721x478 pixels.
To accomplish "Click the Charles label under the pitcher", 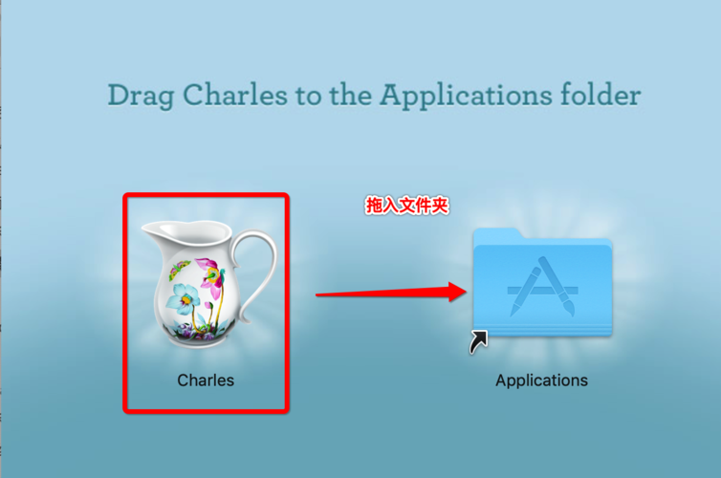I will [x=206, y=380].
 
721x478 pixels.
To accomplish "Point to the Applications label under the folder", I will [x=541, y=380].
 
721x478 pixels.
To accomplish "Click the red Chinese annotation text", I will [x=406, y=206].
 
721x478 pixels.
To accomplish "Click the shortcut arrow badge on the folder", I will [x=479, y=341].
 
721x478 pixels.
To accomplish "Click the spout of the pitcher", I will [x=151, y=230].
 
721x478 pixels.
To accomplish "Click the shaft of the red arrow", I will [x=382, y=293].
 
